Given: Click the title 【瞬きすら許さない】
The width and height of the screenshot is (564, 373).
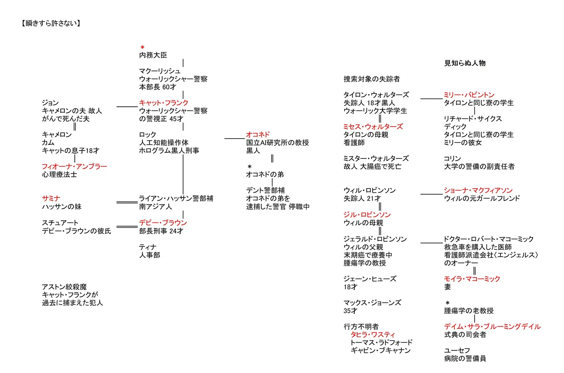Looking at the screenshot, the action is pyautogui.click(x=51, y=24).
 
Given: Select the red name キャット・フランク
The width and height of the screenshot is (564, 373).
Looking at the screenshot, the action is pyautogui.click(x=164, y=103).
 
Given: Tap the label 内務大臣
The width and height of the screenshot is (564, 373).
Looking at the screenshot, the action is pyautogui.click(x=153, y=55).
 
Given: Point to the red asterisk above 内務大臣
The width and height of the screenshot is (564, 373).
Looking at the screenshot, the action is pyautogui.click(x=142, y=47).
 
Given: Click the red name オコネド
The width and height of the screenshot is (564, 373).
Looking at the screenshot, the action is pyautogui.click(x=258, y=135).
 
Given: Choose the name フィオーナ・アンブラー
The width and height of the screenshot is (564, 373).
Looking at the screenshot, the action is pyautogui.click(x=75, y=167).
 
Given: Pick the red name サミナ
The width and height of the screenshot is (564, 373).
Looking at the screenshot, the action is pyautogui.click(x=51, y=198).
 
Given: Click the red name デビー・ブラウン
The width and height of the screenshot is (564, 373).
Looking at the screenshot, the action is pyautogui.click(x=163, y=223).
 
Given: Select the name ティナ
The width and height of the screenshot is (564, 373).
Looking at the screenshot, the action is pyautogui.click(x=148, y=247).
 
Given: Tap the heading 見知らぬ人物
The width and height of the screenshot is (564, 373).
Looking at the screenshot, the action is pyautogui.click(x=465, y=63).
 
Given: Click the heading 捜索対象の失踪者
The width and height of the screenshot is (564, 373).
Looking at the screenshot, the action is pyautogui.click(x=372, y=79).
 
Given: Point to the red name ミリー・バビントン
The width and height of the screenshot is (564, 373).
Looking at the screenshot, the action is pyautogui.click(x=469, y=95).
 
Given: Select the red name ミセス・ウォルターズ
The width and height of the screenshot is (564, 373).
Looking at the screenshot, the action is pyautogui.click(x=373, y=127).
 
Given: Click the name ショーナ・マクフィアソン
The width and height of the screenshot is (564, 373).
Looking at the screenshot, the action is pyautogui.click(x=478, y=190).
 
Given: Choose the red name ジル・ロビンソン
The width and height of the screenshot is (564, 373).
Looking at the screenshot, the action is pyautogui.click(x=367, y=214).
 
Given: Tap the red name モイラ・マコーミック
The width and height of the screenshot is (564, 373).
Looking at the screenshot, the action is pyautogui.click(x=472, y=279).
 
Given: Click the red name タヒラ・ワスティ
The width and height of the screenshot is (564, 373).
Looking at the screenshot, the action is pyautogui.click(x=373, y=335).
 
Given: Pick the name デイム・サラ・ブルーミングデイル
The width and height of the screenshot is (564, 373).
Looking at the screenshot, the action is pyautogui.click(x=492, y=326).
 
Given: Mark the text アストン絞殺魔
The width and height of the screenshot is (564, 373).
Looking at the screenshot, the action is pyautogui.click(x=64, y=287).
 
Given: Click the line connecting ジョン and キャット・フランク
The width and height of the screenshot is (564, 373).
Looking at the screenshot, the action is pyautogui.click(x=127, y=107).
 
